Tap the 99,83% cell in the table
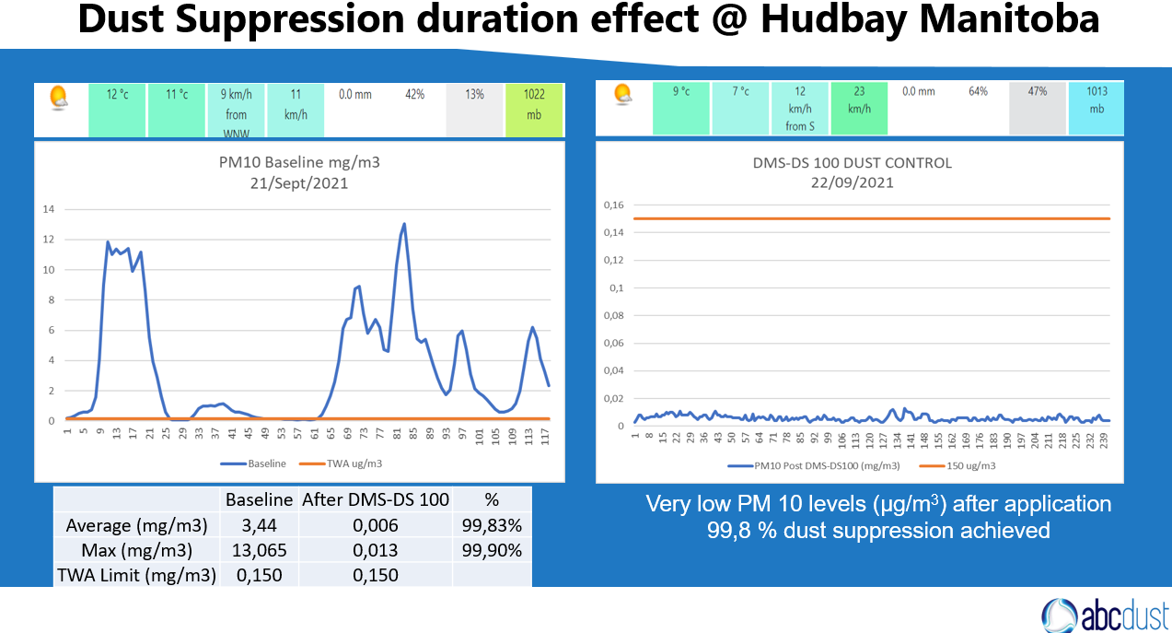click(491, 526)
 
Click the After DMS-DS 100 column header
click(375, 500)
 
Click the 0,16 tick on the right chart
click(612, 205)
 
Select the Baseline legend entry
click(258, 463)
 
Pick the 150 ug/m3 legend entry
click(957, 466)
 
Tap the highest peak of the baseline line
click(404, 223)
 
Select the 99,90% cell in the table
click(491, 551)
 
